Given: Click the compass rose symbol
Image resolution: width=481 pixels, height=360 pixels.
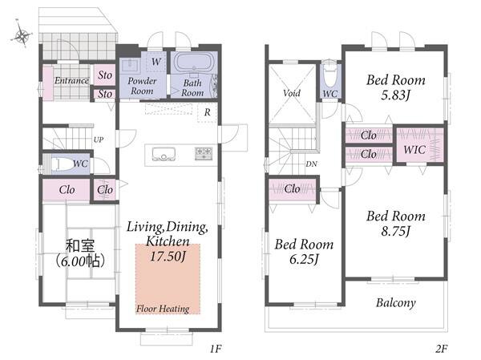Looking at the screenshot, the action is click(x=22, y=34).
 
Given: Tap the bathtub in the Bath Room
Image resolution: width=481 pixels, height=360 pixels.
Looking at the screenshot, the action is click(x=193, y=63).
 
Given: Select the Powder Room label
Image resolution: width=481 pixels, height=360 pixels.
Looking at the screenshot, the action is click(x=142, y=86).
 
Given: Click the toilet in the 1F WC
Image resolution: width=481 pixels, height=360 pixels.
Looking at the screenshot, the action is click(x=62, y=164).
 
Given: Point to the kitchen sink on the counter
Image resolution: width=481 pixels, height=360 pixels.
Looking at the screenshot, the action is click(x=164, y=154).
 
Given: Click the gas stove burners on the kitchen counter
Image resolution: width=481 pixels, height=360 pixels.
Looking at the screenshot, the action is click(x=204, y=153).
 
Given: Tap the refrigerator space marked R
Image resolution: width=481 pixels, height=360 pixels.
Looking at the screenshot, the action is click(x=208, y=112).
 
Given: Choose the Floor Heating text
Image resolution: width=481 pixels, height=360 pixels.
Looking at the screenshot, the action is click(x=163, y=309).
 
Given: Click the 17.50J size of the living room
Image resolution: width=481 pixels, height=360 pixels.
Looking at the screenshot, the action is click(x=168, y=256).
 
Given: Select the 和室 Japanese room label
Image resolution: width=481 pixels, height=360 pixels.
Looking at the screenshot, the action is click(x=80, y=246).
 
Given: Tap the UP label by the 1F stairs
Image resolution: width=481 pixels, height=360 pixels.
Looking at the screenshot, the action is click(x=98, y=140).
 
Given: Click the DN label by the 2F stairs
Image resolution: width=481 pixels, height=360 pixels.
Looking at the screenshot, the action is click(x=311, y=164).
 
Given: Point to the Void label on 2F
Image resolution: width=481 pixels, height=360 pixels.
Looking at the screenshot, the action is click(x=292, y=93).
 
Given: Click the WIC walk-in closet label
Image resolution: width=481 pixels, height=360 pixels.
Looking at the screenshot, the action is click(x=414, y=150).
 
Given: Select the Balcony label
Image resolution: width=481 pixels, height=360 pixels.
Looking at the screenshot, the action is click(x=396, y=303).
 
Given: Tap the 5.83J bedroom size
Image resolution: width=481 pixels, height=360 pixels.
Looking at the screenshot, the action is click(x=396, y=95).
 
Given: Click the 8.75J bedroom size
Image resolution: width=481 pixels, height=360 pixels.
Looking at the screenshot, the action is click(x=396, y=231).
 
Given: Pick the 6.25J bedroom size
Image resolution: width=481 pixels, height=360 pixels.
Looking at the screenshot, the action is click(x=304, y=259).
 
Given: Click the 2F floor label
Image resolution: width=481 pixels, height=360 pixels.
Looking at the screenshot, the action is click(x=441, y=349).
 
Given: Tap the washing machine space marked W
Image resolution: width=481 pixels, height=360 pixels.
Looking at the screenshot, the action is click(x=156, y=62).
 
